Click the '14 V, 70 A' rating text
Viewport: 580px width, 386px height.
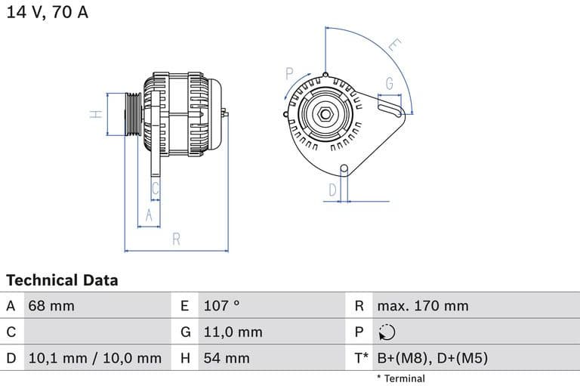(48, 13)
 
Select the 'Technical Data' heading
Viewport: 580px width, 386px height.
(62, 280)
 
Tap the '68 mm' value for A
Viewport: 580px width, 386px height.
(51, 306)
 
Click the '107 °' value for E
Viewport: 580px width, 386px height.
(221, 306)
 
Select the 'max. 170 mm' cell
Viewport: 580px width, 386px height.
(423, 306)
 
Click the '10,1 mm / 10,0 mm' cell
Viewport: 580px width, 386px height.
(94, 358)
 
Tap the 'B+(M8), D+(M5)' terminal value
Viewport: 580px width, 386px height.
(432, 358)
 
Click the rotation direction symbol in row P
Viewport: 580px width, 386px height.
(385, 332)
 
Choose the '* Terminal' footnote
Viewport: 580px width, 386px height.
(400, 378)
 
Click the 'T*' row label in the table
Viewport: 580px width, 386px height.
(361, 358)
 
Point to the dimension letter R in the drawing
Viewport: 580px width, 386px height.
(176, 239)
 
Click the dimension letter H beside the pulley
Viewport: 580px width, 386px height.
(95, 114)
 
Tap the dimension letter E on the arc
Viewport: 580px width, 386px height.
(393, 45)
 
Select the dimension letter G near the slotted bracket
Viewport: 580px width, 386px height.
(390, 83)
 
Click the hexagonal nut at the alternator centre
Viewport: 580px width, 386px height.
(324, 114)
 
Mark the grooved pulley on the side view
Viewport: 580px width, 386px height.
(132, 114)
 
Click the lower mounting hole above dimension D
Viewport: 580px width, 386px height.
(344, 168)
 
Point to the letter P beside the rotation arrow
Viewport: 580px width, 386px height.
(289, 73)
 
